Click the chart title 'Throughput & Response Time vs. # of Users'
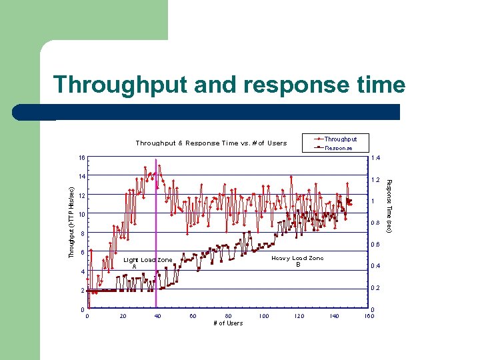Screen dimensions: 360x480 (x=211, y=143)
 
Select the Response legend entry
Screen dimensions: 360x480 (x=338, y=148)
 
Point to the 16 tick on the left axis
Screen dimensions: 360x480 (x=81, y=158)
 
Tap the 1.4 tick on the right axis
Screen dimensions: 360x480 (x=375, y=159)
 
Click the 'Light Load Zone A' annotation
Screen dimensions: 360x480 (x=147, y=263)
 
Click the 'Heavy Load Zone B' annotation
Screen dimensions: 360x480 (x=297, y=261)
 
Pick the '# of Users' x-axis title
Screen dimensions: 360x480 (x=228, y=323)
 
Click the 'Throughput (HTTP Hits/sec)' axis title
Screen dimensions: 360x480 (x=72, y=213)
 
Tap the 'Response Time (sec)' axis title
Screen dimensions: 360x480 (x=390, y=207)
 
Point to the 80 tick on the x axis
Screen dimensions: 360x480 (x=228, y=316)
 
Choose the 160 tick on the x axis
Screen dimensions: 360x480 (x=369, y=316)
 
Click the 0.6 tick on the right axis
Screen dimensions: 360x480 (x=375, y=245)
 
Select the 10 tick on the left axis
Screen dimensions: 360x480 (x=81, y=215)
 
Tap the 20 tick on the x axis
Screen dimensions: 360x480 (x=123, y=316)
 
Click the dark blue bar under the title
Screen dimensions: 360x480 (x=227, y=111)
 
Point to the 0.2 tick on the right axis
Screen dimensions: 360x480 (x=375, y=288)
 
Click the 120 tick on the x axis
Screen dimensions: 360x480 (x=298, y=316)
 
